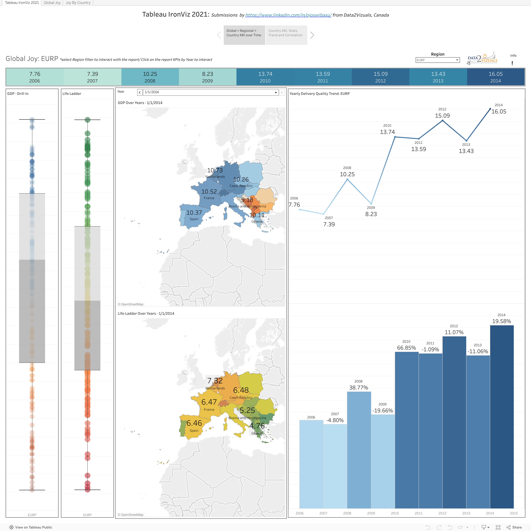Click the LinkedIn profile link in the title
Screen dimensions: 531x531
[x=288, y=15]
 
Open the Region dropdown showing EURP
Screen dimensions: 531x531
[x=437, y=60]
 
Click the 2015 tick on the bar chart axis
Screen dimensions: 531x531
[x=513, y=513]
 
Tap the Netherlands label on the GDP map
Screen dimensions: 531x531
[x=215, y=177]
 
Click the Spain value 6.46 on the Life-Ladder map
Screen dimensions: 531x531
[x=194, y=423]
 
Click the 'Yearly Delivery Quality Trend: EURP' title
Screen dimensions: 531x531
[x=319, y=94]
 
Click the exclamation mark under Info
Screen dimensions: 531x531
[x=512, y=63]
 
